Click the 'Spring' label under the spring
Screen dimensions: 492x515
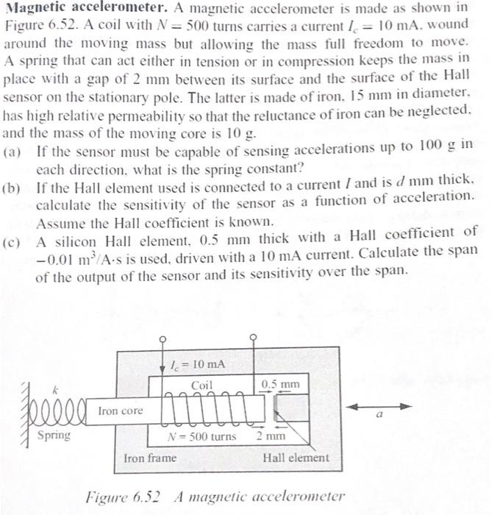pos(54,434)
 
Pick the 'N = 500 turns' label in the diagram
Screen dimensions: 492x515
pos(203,436)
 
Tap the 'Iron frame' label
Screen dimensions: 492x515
pos(150,458)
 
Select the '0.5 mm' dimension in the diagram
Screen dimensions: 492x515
pos(280,384)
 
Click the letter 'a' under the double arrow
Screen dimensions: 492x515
pos(379,416)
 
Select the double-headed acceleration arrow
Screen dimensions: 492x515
pos(379,406)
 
